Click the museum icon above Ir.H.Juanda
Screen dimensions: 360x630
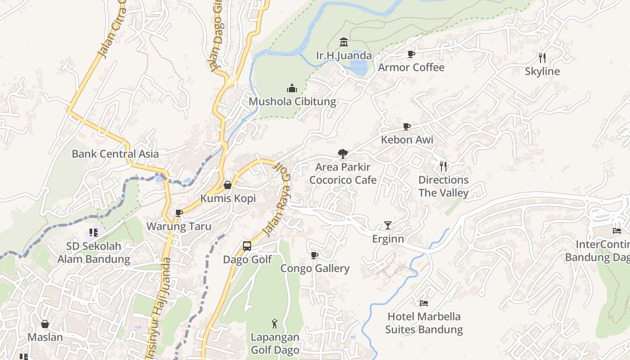(x=344, y=42)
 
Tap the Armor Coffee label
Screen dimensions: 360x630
(x=411, y=67)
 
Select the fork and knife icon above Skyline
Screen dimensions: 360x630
(x=542, y=58)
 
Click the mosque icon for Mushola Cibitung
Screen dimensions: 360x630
(x=292, y=88)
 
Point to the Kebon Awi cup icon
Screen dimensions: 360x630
(x=407, y=126)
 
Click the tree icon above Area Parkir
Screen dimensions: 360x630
(x=343, y=154)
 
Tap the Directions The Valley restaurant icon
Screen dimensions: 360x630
(x=443, y=166)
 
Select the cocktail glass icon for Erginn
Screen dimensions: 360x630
(x=388, y=225)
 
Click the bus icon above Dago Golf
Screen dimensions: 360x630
(x=247, y=246)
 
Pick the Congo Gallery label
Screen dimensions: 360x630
(x=315, y=269)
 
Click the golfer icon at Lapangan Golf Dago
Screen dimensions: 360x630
(x=274, y=324)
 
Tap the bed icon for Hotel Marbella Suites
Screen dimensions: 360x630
(x=424, y=303)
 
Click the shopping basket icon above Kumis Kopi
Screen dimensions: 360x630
(x=228, y=185)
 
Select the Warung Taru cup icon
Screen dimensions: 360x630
(x=179, y=213)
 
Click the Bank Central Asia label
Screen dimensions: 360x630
(x=115, y=154)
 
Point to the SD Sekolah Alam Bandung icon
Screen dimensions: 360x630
(x=94, y=233)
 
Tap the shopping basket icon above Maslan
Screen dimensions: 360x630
(x=45, y=324)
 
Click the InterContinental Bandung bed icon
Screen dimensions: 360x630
(x=616, y=231)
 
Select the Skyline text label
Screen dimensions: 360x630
(x=542, y=72)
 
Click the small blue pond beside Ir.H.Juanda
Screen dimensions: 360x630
(x=359, y=68)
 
